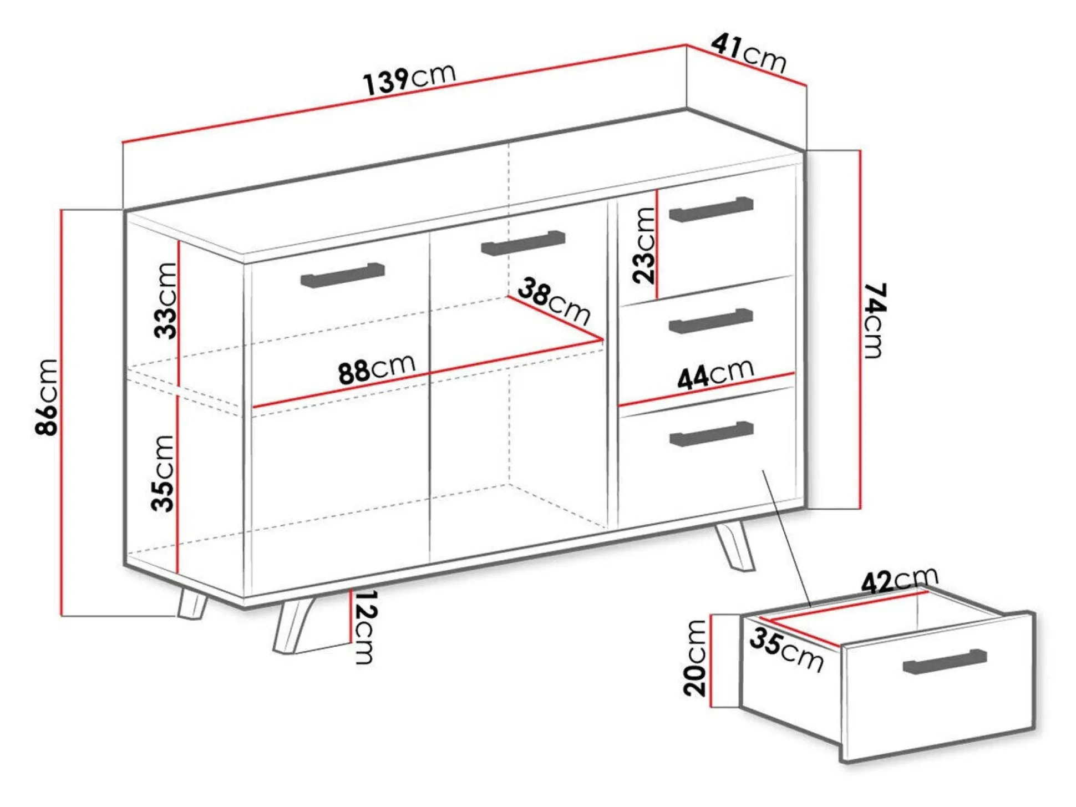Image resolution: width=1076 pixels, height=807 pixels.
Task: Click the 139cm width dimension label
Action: [409, 79]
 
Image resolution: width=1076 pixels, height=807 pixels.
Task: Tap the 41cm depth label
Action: [749, 53]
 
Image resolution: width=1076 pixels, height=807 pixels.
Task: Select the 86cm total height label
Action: [47, 397]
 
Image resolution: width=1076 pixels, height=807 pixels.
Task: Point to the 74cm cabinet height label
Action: [875, 320]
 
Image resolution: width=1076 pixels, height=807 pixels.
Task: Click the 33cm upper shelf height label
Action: [165, 301]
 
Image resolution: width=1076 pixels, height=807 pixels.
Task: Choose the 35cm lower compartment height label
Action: [163, 473]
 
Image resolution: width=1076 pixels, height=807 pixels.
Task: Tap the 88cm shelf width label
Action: [377, 368]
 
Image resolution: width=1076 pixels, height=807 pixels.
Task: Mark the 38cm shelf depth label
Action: [554, 302]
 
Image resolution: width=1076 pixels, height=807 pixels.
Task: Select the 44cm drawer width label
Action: [715, 373]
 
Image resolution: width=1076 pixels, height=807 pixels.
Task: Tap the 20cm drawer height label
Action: [695, 658]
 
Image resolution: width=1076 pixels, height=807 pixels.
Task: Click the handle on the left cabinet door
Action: [342, 276]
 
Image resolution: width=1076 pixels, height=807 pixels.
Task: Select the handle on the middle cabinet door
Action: [523, 243]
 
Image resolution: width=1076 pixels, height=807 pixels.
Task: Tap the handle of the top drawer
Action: [711, 209]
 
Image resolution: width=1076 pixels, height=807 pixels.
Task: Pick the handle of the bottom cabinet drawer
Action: [711, 434]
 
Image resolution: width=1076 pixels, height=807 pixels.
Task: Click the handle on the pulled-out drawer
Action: [945, 661]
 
